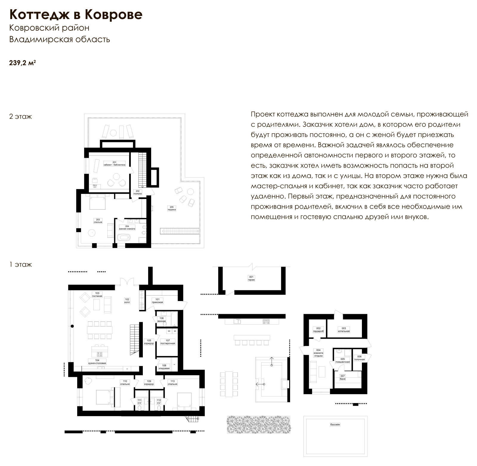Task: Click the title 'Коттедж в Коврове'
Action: pos(76,14)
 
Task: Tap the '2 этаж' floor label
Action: pos(21,117)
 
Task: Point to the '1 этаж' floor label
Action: pos(21,264)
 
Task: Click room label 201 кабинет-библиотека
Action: pos(114,163)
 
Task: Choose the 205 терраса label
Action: pos(171,208)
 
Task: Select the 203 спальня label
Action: pos(98,221)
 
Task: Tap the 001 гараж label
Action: pos(251,278)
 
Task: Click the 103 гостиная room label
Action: pos(97,294)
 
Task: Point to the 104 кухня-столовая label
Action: pos(97,362)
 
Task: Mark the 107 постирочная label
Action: pos(168,342)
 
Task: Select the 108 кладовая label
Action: pos(164,367)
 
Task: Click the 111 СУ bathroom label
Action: pos(139,402)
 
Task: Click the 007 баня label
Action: pos(343,377)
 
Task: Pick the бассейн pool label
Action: pos(335,425)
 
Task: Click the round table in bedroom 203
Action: pos(92,233)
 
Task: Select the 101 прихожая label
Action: pos(157,301)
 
